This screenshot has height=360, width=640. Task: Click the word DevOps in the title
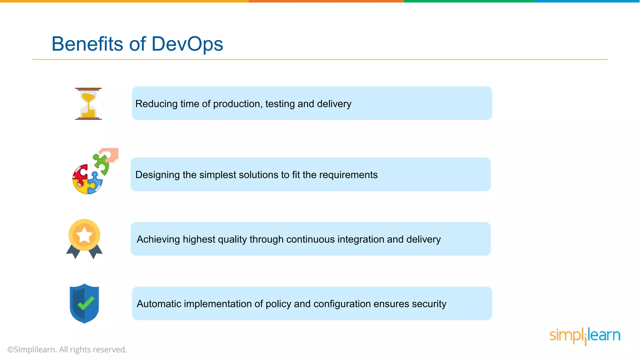coord(187,44)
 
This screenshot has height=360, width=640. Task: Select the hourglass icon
coord(88,104)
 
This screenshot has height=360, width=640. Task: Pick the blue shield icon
coord(84,303)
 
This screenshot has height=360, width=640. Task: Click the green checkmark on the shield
coord(86,303)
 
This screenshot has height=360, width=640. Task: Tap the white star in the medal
coord(84,235)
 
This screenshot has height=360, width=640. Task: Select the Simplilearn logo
coord(585,336)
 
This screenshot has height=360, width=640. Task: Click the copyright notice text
coord(67,349)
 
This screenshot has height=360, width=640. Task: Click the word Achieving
coord(158,239)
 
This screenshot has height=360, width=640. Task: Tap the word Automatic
coord(159,304)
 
